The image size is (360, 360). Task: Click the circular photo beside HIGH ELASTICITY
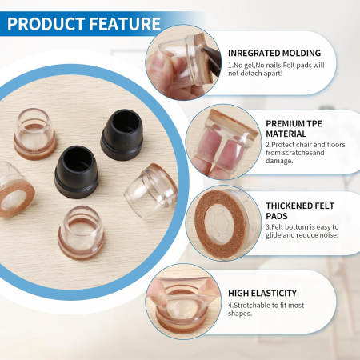tap(182, 300)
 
